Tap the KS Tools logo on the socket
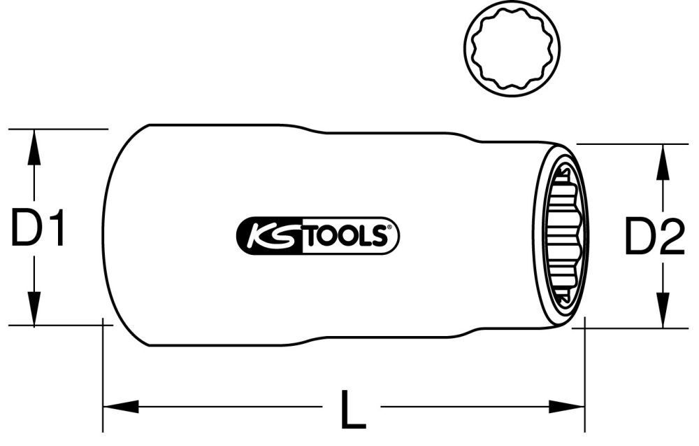315,235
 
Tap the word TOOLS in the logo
347,236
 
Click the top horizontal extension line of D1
59,129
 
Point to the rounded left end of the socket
112,235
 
